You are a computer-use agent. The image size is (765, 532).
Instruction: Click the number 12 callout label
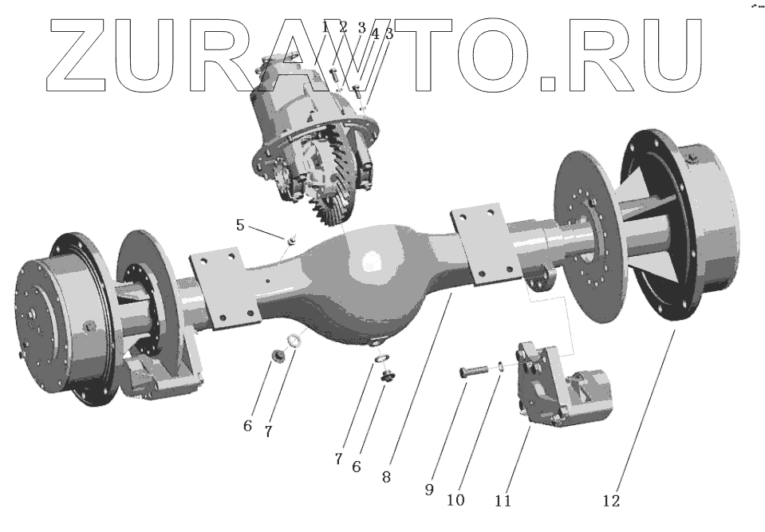[611, 500]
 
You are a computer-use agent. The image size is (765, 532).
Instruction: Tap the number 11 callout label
[503, 500]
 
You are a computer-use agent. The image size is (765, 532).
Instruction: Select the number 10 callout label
[455, 500]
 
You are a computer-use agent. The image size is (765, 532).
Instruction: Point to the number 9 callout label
[429, 489]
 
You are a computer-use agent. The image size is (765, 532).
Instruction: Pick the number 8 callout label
[386, 477]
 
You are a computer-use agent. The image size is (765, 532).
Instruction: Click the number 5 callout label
[240, 225]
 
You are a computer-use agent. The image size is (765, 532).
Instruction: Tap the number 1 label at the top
[325, 27]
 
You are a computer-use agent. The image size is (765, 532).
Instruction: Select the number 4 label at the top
[375, 33]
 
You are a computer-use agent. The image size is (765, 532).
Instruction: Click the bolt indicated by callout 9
[474, 372]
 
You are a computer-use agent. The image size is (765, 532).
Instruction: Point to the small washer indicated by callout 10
[502, 365]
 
